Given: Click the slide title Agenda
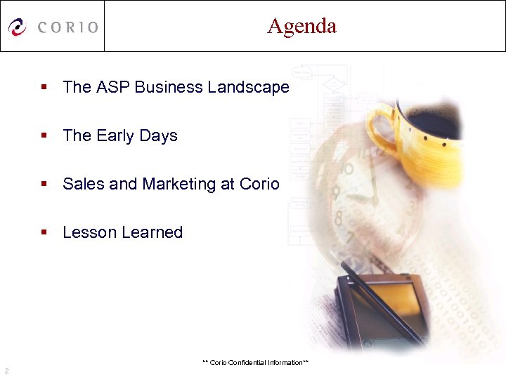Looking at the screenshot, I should coord(301,26).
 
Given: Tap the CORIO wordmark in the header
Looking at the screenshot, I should coord(68,27).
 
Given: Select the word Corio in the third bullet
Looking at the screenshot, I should coord(259,184).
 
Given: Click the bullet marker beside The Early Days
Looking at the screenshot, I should coord(44,136).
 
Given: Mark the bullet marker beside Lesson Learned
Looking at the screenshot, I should coord(44,233).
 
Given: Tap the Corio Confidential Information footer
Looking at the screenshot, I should coord(256,362).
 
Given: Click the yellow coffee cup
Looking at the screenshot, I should coord(429,133).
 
